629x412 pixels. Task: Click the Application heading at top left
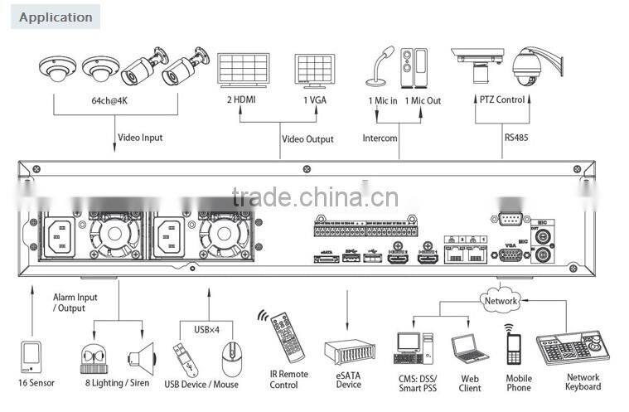[56, 17]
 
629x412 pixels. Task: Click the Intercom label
[380, 138]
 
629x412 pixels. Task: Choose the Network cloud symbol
[501, 301]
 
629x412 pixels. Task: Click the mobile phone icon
[514, 346]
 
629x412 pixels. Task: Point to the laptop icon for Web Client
[470, 348]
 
